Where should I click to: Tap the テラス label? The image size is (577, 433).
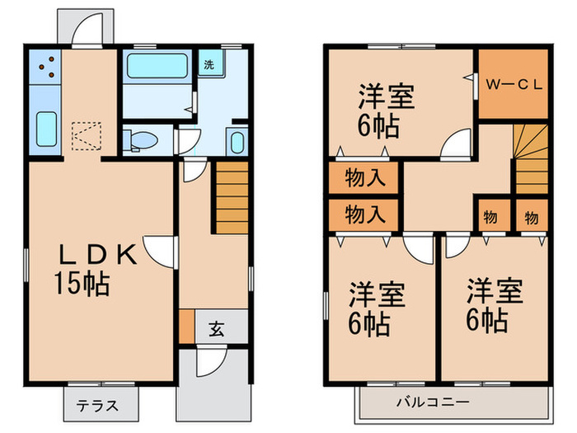click(x=97, y=406)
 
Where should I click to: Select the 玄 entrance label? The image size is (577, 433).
click(x=215, y=329)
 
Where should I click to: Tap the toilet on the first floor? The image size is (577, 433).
click(x=143, y=139)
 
